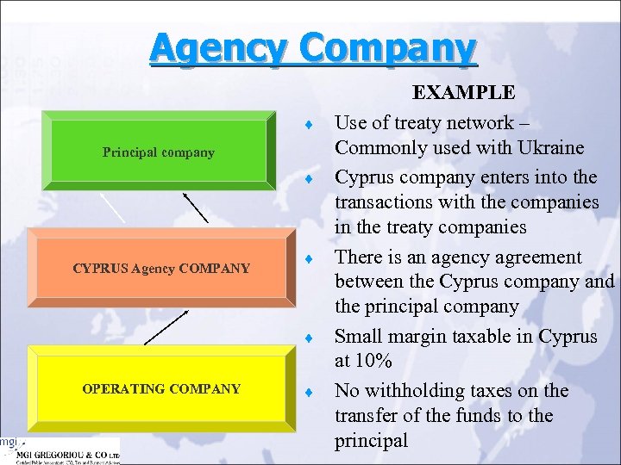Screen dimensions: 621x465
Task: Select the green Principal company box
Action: coord(158,152)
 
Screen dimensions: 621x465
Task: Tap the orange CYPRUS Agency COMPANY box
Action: coord(160,268)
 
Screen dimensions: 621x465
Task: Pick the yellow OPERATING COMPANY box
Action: coord(160,388)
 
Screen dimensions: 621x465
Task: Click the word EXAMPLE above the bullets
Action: coord(463,93)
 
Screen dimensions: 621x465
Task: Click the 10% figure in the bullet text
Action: coord(376,360)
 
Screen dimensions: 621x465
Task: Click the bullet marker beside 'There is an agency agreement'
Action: coord(307,258)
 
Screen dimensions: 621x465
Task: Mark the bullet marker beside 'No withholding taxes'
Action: coord(307,393)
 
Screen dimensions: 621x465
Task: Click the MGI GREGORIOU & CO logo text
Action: coord(69,451)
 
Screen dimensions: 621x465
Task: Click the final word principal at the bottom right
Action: coord(371,441)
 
